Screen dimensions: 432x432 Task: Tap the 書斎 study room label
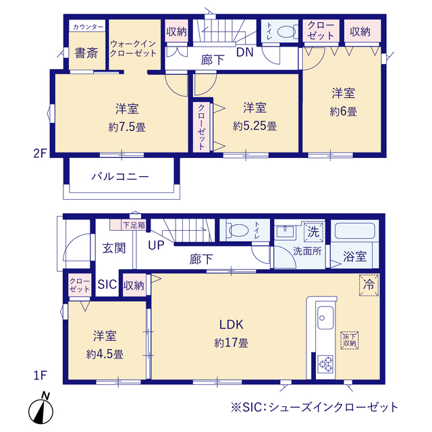[86, 53]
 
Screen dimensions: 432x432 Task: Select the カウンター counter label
[88, 27]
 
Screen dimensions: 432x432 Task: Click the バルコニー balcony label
[120, 176]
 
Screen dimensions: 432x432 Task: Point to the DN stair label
[245, 52]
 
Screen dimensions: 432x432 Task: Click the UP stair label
[156, 245]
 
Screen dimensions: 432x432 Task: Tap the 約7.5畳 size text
[127, 128]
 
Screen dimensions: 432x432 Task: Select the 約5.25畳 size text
[255, 126]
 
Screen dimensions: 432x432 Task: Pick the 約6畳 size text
[344, 112]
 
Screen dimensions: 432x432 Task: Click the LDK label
[231, 325]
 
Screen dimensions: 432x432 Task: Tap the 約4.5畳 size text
[105, 354]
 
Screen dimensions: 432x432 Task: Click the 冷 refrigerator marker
[369, 285]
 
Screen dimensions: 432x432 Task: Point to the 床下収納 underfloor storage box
[350, 340]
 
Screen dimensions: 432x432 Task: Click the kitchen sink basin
[325, 318]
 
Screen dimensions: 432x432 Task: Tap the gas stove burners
[325, 364]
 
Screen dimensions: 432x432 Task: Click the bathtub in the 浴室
[354, 231]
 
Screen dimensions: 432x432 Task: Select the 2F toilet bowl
[286, 32]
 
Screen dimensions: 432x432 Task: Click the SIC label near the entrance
[107, 285]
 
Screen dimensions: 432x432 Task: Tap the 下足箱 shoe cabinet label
[134, 225]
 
